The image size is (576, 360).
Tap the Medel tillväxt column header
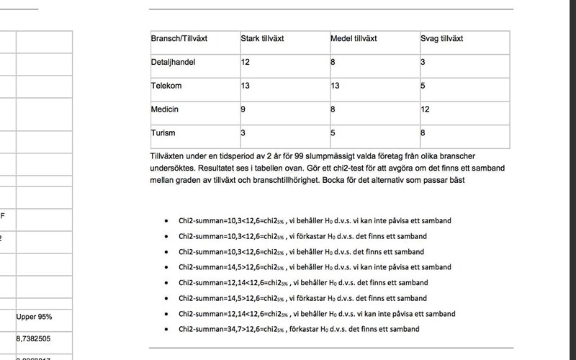click(354, 38)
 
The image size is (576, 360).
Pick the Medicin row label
click(164, 110)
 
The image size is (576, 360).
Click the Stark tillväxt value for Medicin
click(243, 110)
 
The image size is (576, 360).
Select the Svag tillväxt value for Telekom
click(423, 86)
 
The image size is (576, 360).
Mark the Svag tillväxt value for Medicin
click(426, 110)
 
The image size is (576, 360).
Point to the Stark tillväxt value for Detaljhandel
click(245, 62)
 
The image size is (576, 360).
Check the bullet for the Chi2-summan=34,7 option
click(167, 330)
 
